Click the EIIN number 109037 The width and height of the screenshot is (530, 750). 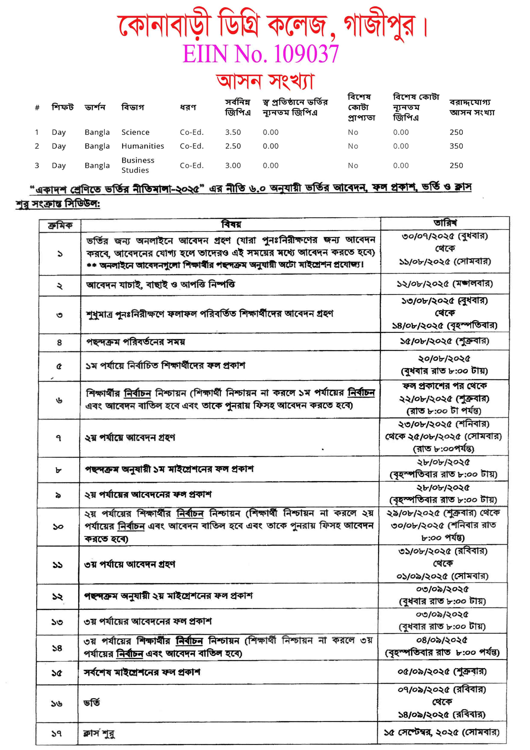(x=306, y=54)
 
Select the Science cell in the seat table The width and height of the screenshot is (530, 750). (x=135, y=132)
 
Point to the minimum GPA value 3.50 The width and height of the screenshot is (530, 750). (x=233, y=132)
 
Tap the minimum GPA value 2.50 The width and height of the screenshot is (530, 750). (x=233, y=146)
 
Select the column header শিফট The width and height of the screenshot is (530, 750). (x=62, y=107)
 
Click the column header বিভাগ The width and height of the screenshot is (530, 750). (x=132, y=107)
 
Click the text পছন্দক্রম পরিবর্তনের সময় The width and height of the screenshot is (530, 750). (x=135, y=342)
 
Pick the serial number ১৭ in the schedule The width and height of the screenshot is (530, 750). (x=56, y=734)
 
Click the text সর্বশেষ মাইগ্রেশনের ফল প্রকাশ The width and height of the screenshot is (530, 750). (x=142, y=672)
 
